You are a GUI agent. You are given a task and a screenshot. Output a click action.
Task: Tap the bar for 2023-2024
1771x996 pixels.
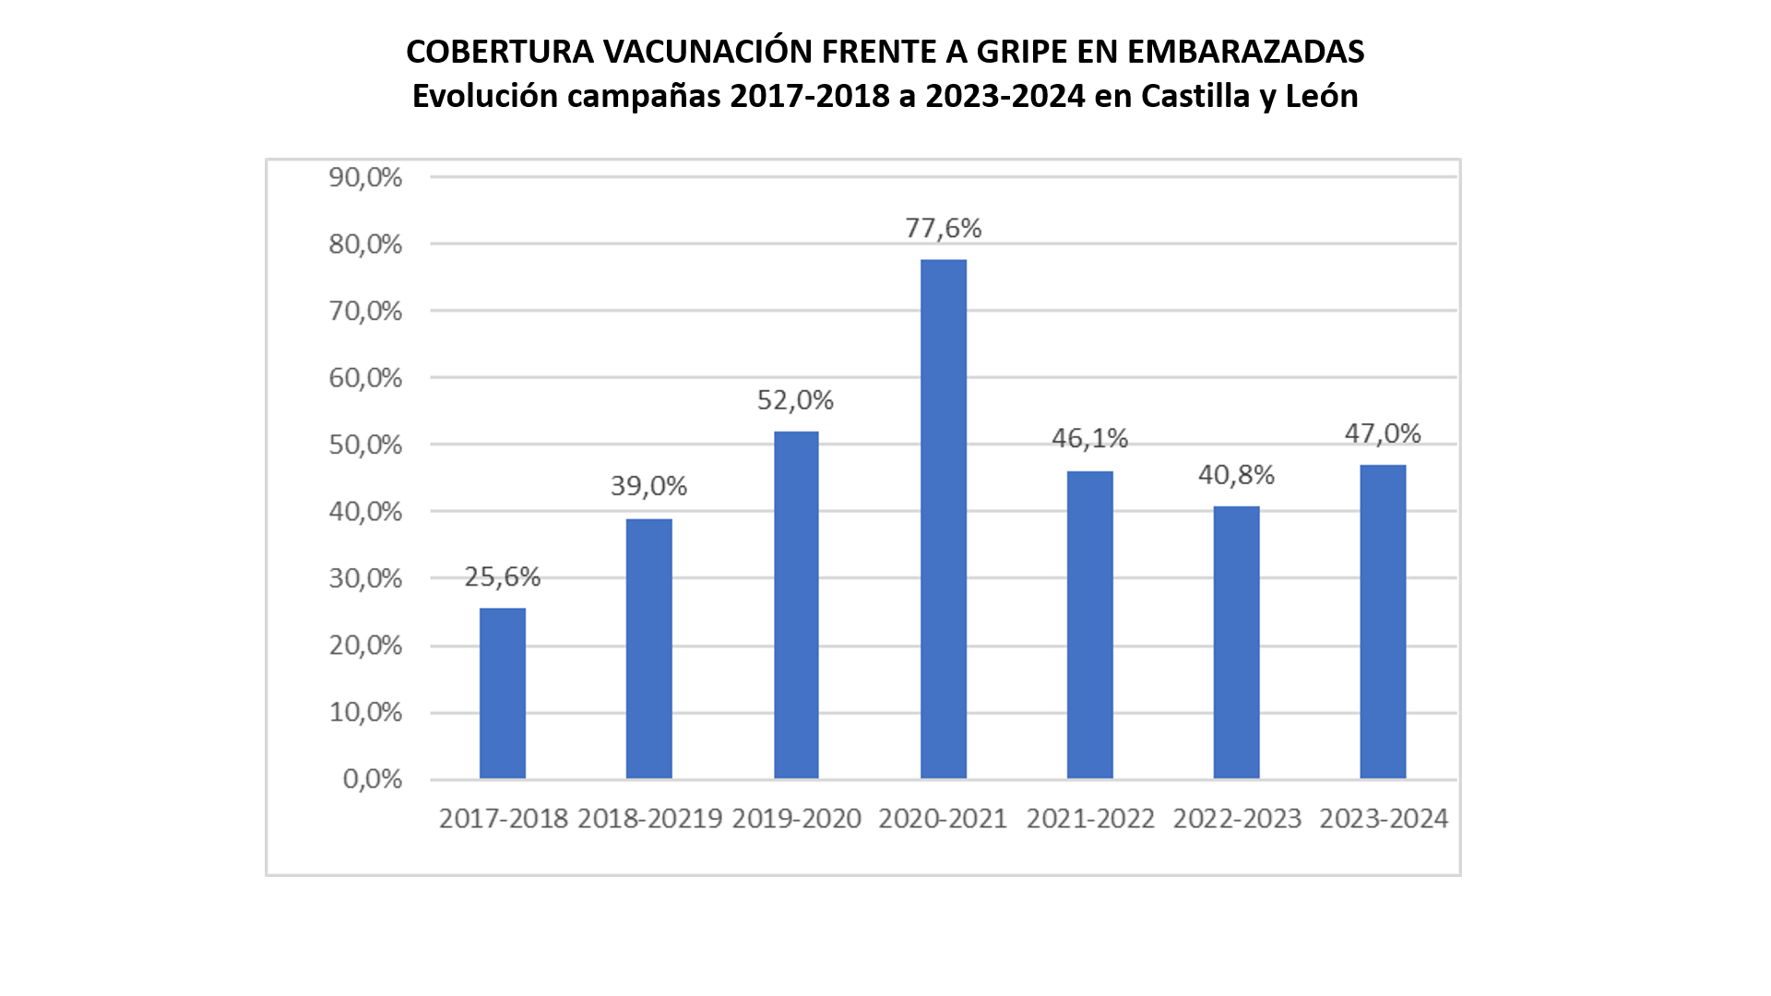[x=1383, y=622]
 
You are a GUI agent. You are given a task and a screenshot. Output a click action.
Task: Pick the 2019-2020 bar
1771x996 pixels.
[x=796, y=605]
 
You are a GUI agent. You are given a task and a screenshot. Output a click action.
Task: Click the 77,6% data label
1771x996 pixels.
[x=943, y=228]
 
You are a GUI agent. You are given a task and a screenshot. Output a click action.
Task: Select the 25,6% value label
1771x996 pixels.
[x=503, y=576]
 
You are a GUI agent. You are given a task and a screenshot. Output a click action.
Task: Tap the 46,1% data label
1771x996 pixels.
[x=1089, y=438]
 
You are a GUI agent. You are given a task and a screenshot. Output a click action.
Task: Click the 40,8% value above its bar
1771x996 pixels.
[x=1236, y=475]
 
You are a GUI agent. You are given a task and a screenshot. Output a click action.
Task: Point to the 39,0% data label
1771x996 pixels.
[x=648, y=486]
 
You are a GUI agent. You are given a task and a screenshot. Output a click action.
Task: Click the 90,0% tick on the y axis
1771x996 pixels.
[x=365, y=177]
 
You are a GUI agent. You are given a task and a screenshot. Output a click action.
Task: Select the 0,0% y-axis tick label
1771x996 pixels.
[x=373, y=779]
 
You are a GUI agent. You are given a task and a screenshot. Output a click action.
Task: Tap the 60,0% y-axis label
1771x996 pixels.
[x=365, y=378]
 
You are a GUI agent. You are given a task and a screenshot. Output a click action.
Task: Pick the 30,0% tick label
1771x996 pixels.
[x=365, y=578]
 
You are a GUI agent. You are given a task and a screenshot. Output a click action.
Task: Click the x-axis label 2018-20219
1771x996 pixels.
[x=649, y=819]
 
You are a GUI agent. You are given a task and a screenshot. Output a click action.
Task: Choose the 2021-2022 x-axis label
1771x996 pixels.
[x=1090, y=819]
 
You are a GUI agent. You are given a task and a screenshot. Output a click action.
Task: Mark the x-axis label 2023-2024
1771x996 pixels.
[x=1384, y=819]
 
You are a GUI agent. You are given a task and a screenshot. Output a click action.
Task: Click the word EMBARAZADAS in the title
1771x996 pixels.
[x=1245, y=52]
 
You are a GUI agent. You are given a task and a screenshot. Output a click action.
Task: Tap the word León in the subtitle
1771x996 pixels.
[x=1321, y=96]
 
